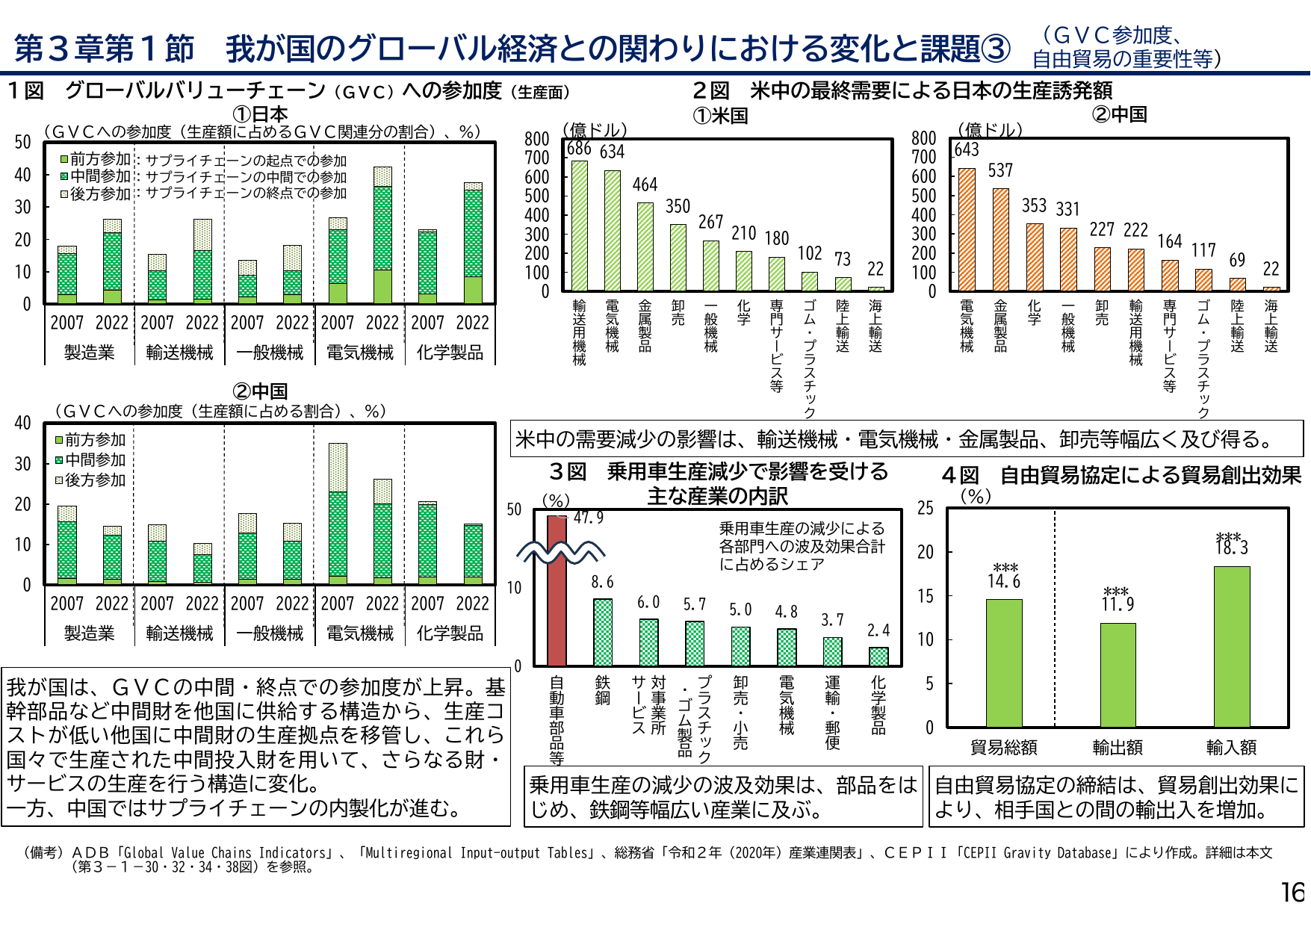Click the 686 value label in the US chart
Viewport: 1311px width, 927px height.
579,149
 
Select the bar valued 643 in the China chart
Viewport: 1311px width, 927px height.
967,229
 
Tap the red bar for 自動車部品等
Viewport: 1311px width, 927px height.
557,590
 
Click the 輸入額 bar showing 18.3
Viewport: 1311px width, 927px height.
1231,646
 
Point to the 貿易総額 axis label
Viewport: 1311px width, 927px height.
1003,747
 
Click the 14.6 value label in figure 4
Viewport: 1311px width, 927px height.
1003,581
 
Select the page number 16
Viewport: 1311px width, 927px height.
1292,893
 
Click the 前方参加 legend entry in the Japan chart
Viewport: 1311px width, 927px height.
95,159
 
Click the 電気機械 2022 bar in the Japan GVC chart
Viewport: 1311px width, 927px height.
382,235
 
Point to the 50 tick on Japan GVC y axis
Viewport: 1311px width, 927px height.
23,142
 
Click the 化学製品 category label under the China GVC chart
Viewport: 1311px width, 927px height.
450,633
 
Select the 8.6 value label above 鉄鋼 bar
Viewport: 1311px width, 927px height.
602,582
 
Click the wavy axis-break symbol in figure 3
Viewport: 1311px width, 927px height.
560,554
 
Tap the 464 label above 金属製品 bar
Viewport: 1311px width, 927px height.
645,185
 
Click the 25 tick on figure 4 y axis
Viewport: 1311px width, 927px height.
926,509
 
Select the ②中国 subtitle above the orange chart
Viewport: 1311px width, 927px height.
1119,114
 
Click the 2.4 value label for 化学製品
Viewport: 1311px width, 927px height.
878,630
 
